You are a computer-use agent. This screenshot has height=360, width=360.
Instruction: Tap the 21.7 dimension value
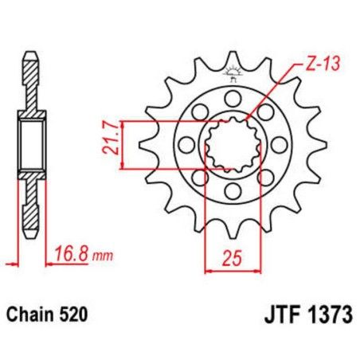click(111, 144)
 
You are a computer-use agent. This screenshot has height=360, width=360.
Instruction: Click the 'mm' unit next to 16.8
click(99, 256)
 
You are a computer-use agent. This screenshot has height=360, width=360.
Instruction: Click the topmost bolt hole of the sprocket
click(232, 97)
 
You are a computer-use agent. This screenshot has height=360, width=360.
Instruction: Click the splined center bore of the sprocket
click(232, 145)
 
